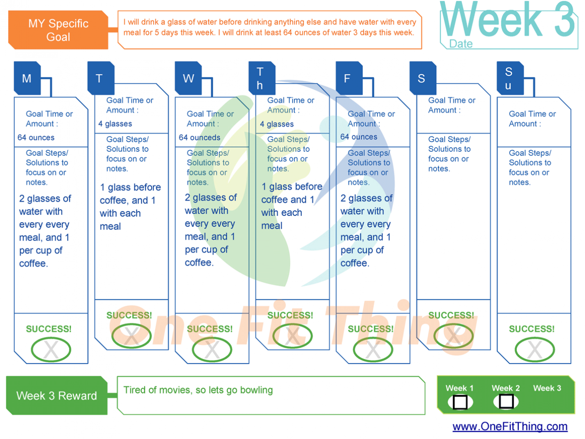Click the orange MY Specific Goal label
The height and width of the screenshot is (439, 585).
click(58, 30)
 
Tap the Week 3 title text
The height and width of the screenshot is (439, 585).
click(507, 20)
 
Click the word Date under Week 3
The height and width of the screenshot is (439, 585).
click(461, 44)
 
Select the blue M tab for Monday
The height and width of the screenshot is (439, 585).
click(27, 79)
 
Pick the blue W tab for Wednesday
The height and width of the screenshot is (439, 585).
click(188, 79)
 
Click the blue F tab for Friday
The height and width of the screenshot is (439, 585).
click(347, 79)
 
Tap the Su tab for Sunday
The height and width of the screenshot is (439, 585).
click(508, 79)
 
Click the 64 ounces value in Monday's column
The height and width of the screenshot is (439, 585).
click(36, 138)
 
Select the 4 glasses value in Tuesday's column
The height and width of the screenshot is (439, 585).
click(115, 124)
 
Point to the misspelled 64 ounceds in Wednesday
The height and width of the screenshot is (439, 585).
click(200, 138)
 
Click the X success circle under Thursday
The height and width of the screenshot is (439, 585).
click(292, 336)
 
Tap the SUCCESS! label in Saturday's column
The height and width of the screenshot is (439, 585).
click(451, 316)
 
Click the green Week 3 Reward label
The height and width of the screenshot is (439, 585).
click(57, 396)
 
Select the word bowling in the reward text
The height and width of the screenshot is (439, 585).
click(256, 390)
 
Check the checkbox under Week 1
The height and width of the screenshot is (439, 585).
click(460, 402)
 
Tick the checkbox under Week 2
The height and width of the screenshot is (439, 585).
click(506, 402)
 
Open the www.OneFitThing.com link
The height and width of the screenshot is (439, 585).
click(510, 427)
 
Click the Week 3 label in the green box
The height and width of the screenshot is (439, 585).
click(547, 388)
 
